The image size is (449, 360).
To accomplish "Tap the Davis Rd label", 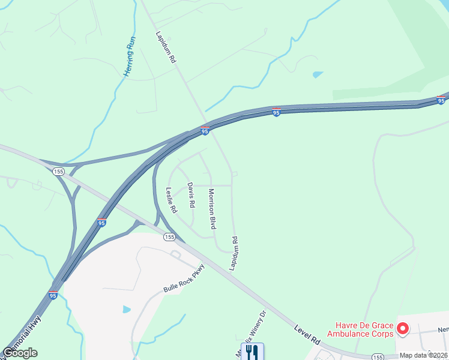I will pos(191,195).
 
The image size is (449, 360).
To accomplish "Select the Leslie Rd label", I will pos(171,201).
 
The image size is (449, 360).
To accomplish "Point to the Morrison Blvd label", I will pos(211,209).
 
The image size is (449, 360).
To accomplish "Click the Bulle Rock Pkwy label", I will pos(184,279).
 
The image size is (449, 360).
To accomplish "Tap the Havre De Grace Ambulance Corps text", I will pos(360,329).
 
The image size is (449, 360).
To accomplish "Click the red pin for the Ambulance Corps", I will pos(403,329).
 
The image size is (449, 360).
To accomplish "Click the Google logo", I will pos(19,353).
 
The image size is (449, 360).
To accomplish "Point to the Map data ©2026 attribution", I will pos(424,355).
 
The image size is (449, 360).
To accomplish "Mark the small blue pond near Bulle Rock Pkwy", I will pos(127,309).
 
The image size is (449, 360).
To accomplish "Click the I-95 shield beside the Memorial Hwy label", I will pos(53,296).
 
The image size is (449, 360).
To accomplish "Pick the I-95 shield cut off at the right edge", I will pos(443,99).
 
